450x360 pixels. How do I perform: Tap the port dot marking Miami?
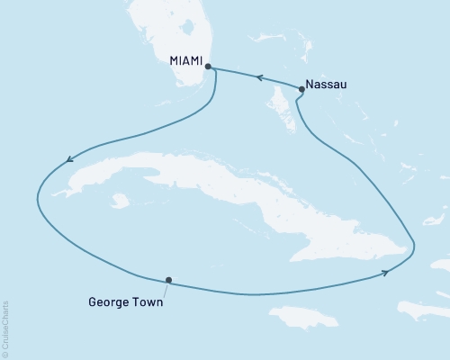click(208, 66)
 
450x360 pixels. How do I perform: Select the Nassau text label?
click(325, 85)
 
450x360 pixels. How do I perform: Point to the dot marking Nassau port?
click(301, 89)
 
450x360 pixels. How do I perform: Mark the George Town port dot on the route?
click(168, 280)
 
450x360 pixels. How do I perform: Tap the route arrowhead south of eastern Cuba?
click(386, 273)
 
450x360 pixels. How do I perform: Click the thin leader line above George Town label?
click(166, 289)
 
